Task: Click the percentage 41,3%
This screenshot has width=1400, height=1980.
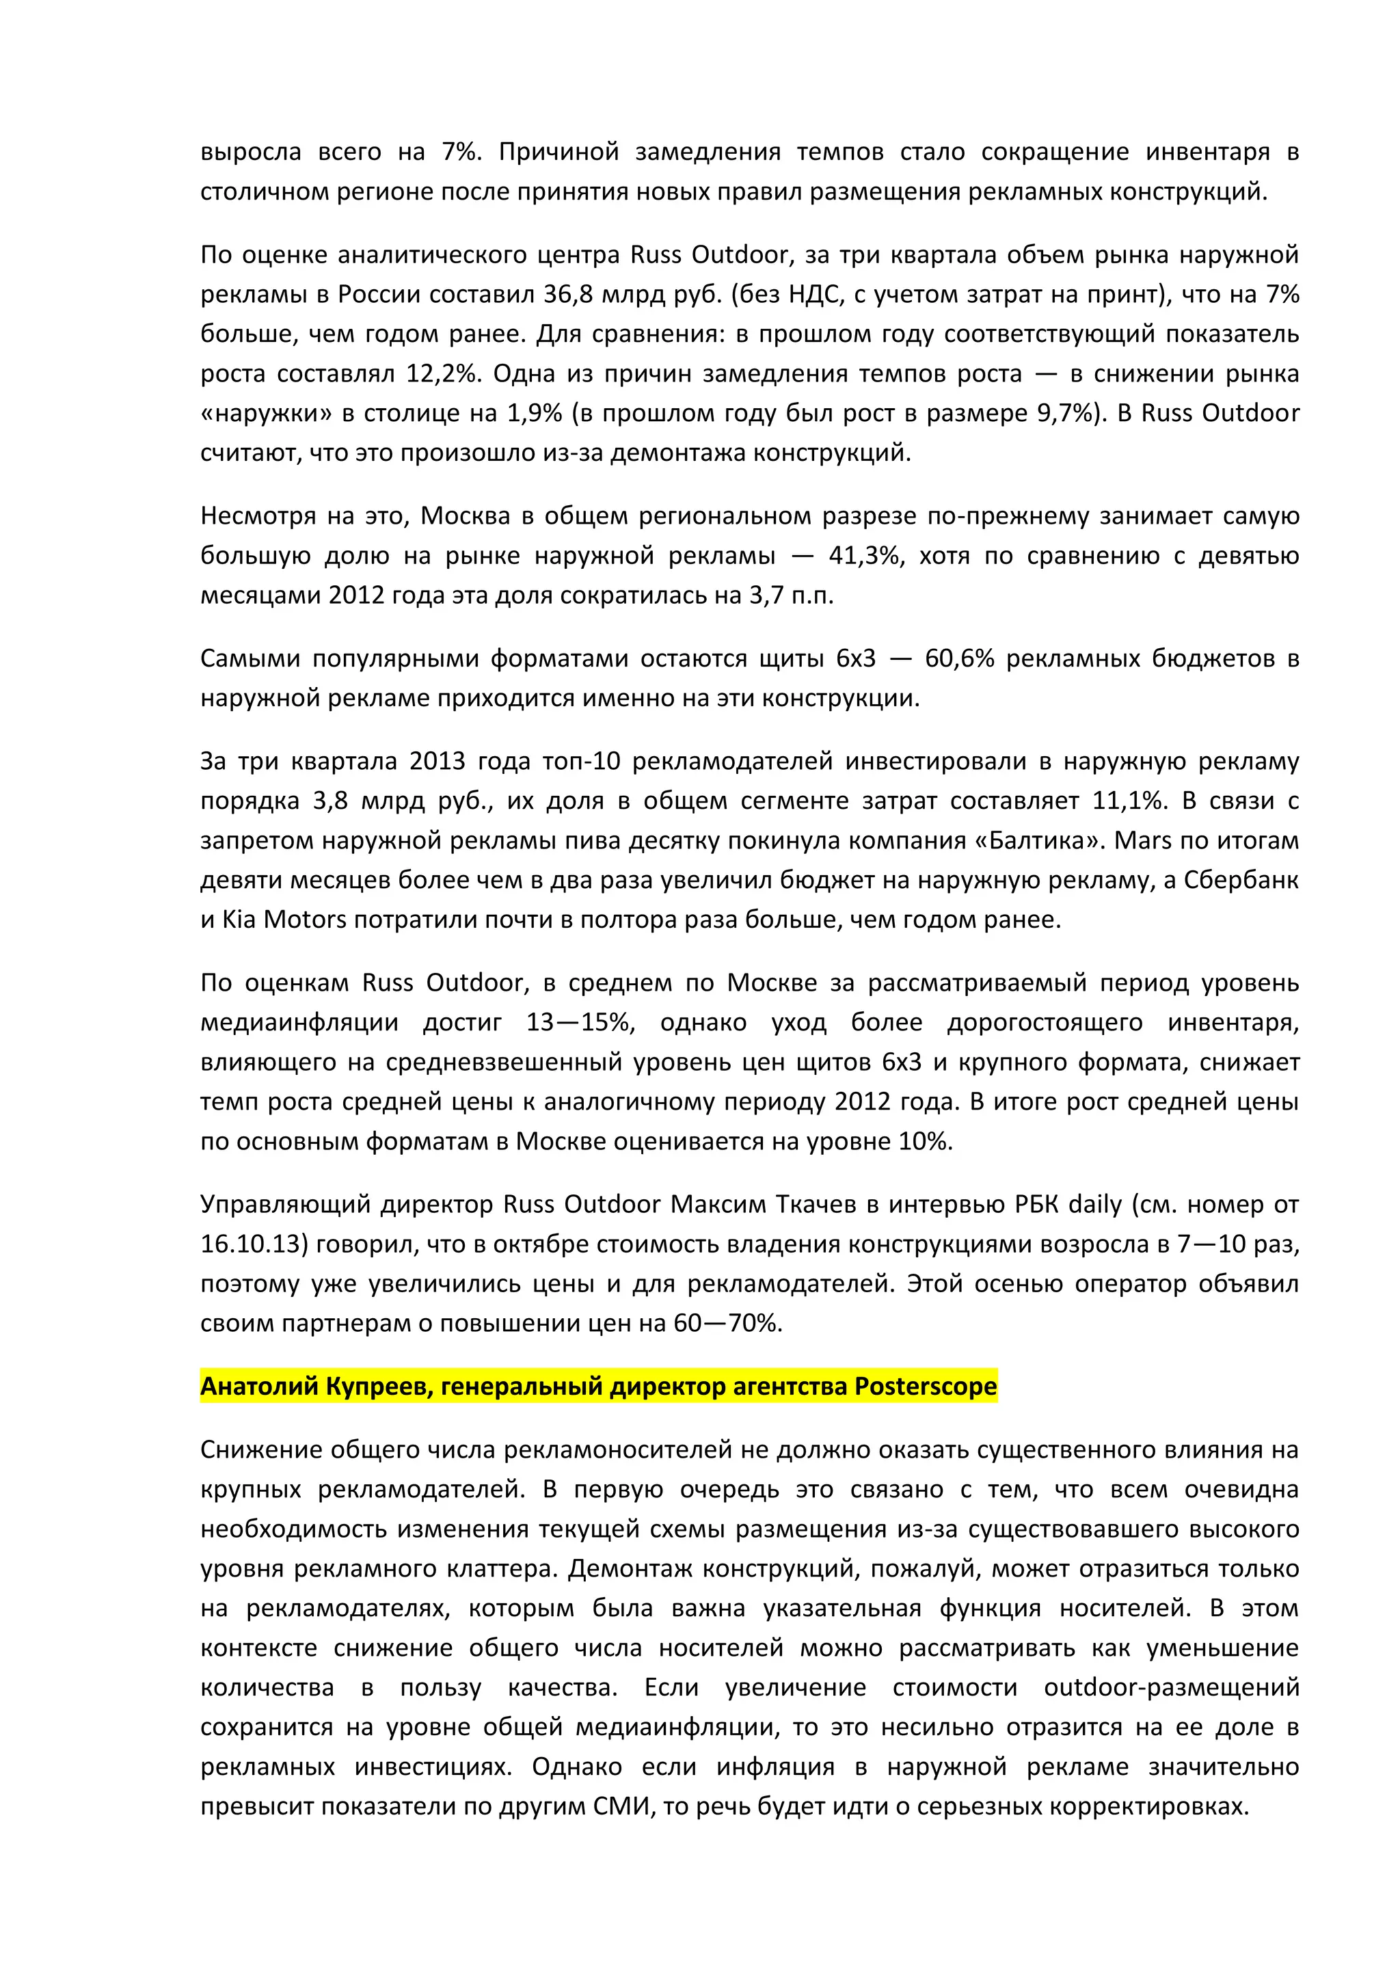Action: click(x=865, y=555)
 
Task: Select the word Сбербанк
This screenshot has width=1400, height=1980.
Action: click(x=1241, y=880)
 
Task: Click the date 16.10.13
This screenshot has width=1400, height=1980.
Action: click(x=254, y=1244)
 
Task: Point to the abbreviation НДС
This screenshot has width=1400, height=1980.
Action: click(x=813, y=295)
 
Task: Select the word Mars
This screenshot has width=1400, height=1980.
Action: click(x=1138, y=840)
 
